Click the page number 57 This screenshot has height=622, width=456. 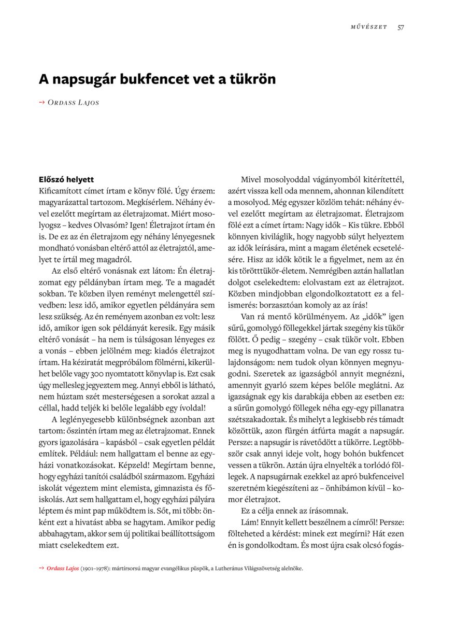[x=401, y=27]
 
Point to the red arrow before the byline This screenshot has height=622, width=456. [x=42, y=102]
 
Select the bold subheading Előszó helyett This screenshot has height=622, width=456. [x=66, y=180]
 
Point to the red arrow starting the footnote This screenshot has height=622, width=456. [x=41, y=569]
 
